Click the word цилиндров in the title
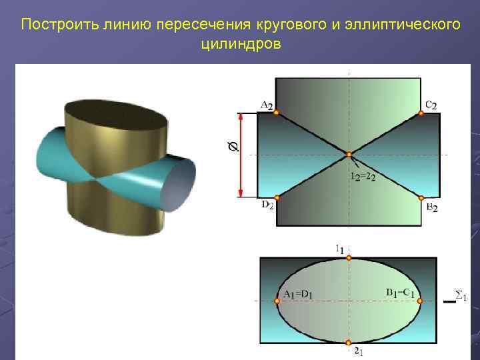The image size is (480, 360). [x=240, y=44]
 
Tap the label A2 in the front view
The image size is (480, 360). [x=266, y=105]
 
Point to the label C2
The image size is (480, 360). [x=431, y=105]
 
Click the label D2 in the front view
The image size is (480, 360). [x=267, y=207]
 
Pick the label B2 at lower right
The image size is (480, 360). [x=432, y=208]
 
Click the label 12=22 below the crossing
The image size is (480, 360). [x=363, y=177]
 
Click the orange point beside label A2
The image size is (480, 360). [x=276, y=113]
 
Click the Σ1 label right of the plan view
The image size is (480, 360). [x=460, y=294]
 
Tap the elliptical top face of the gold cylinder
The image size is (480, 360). [x=117, y=119]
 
